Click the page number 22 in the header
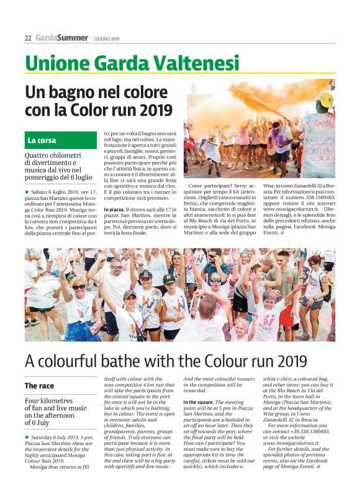(28, 38)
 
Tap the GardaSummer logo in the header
(61, 38)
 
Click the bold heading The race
(39, 386)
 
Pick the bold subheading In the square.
(200, 402)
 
